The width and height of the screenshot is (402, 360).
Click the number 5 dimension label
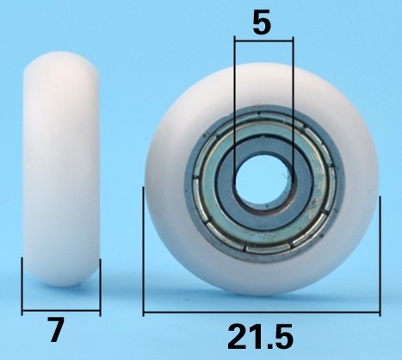point(262,22)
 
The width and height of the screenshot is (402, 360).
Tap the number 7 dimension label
point(56,330)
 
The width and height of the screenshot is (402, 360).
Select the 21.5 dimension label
point(260,337)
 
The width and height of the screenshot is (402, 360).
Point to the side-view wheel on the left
point(61,169)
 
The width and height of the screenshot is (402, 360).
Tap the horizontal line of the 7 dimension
point(61,310)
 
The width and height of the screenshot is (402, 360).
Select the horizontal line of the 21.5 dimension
point(262,312)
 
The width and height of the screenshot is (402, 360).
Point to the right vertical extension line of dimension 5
point(294,105)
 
